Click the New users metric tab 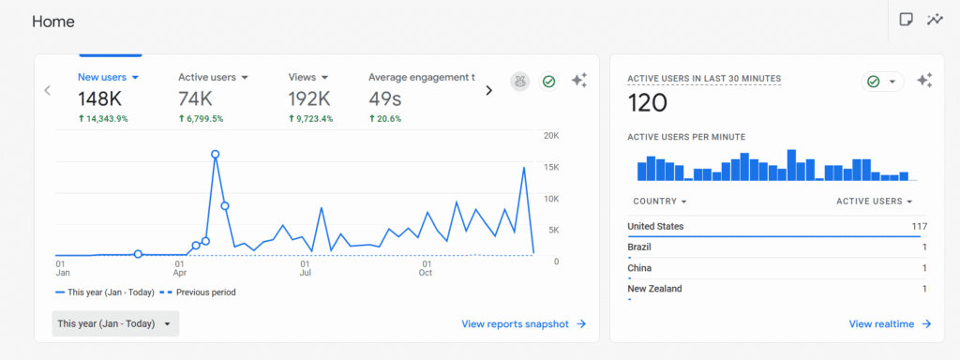(108, 77)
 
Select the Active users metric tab (213, 77)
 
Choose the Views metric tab (307, 77)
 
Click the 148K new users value (100, 99)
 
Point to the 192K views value (309, 99)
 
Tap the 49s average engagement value (384, 99)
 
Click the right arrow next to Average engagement (488, 90)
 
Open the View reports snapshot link (523, 323)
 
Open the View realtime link (890, 323)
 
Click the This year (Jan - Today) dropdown (115, 323)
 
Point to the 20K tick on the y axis (551, 136)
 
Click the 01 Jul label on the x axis (306, 268)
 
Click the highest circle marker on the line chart (216, 154)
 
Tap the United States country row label (655, 226)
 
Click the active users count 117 (919, 226)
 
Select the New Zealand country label (654, 289)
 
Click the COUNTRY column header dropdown (660, 202)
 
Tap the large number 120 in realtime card (647, 103)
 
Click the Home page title (53, 22)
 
